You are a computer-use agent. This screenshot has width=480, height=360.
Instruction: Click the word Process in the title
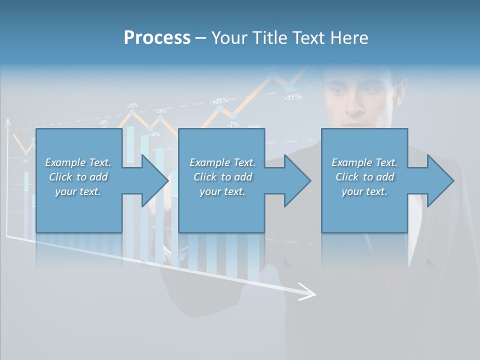tap(157, 38)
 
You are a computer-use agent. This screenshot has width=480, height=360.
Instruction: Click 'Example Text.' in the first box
tap(78, 162)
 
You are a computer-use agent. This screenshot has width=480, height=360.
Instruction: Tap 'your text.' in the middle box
tap(222, 192)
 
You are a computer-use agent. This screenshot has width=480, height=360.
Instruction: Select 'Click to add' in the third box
tap(364, 177)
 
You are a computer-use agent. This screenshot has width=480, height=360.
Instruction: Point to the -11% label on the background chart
tap(292, 97)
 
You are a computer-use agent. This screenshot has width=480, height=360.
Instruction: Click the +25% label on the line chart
tap(220, 100)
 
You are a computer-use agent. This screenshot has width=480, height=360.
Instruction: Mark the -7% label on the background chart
tap(233, 124)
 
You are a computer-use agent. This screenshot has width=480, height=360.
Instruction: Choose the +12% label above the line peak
tap(132, 105)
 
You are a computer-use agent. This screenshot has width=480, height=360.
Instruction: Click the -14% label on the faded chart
tap(154, 134)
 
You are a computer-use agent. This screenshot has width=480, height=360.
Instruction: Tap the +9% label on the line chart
tap(161, 111)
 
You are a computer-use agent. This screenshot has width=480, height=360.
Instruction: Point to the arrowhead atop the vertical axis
tap(7, 121)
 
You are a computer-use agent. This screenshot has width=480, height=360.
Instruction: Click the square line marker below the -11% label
tap(288, 88)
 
